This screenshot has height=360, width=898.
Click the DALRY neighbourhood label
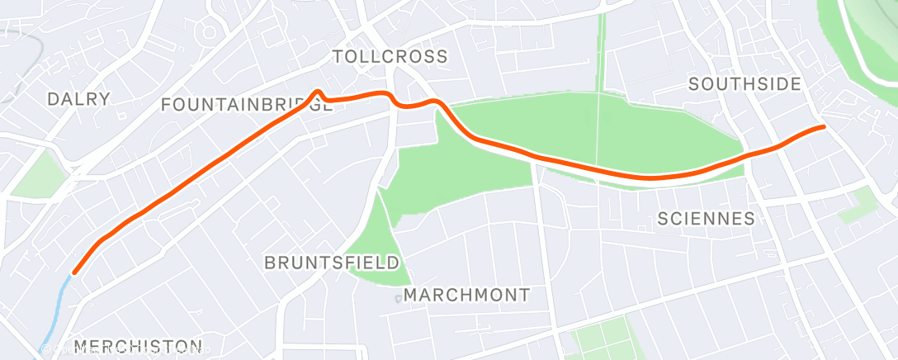(78, 99)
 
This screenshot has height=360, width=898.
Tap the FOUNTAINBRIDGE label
(246, 105)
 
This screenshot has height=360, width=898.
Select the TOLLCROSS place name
(390, 56)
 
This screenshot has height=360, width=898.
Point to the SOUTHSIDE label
(744, 83)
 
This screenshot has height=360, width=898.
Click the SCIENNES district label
(706, 218)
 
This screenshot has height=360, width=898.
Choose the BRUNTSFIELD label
(332, 263)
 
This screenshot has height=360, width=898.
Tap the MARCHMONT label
(467, 295)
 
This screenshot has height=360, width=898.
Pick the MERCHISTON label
(137, 345)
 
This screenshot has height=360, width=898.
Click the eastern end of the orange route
(823, 126)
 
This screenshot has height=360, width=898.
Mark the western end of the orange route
(75, 272)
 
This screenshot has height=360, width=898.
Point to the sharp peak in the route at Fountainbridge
(317, 92)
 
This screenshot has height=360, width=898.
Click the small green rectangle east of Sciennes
(857, 204)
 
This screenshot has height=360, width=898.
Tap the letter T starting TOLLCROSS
(337, 56)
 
